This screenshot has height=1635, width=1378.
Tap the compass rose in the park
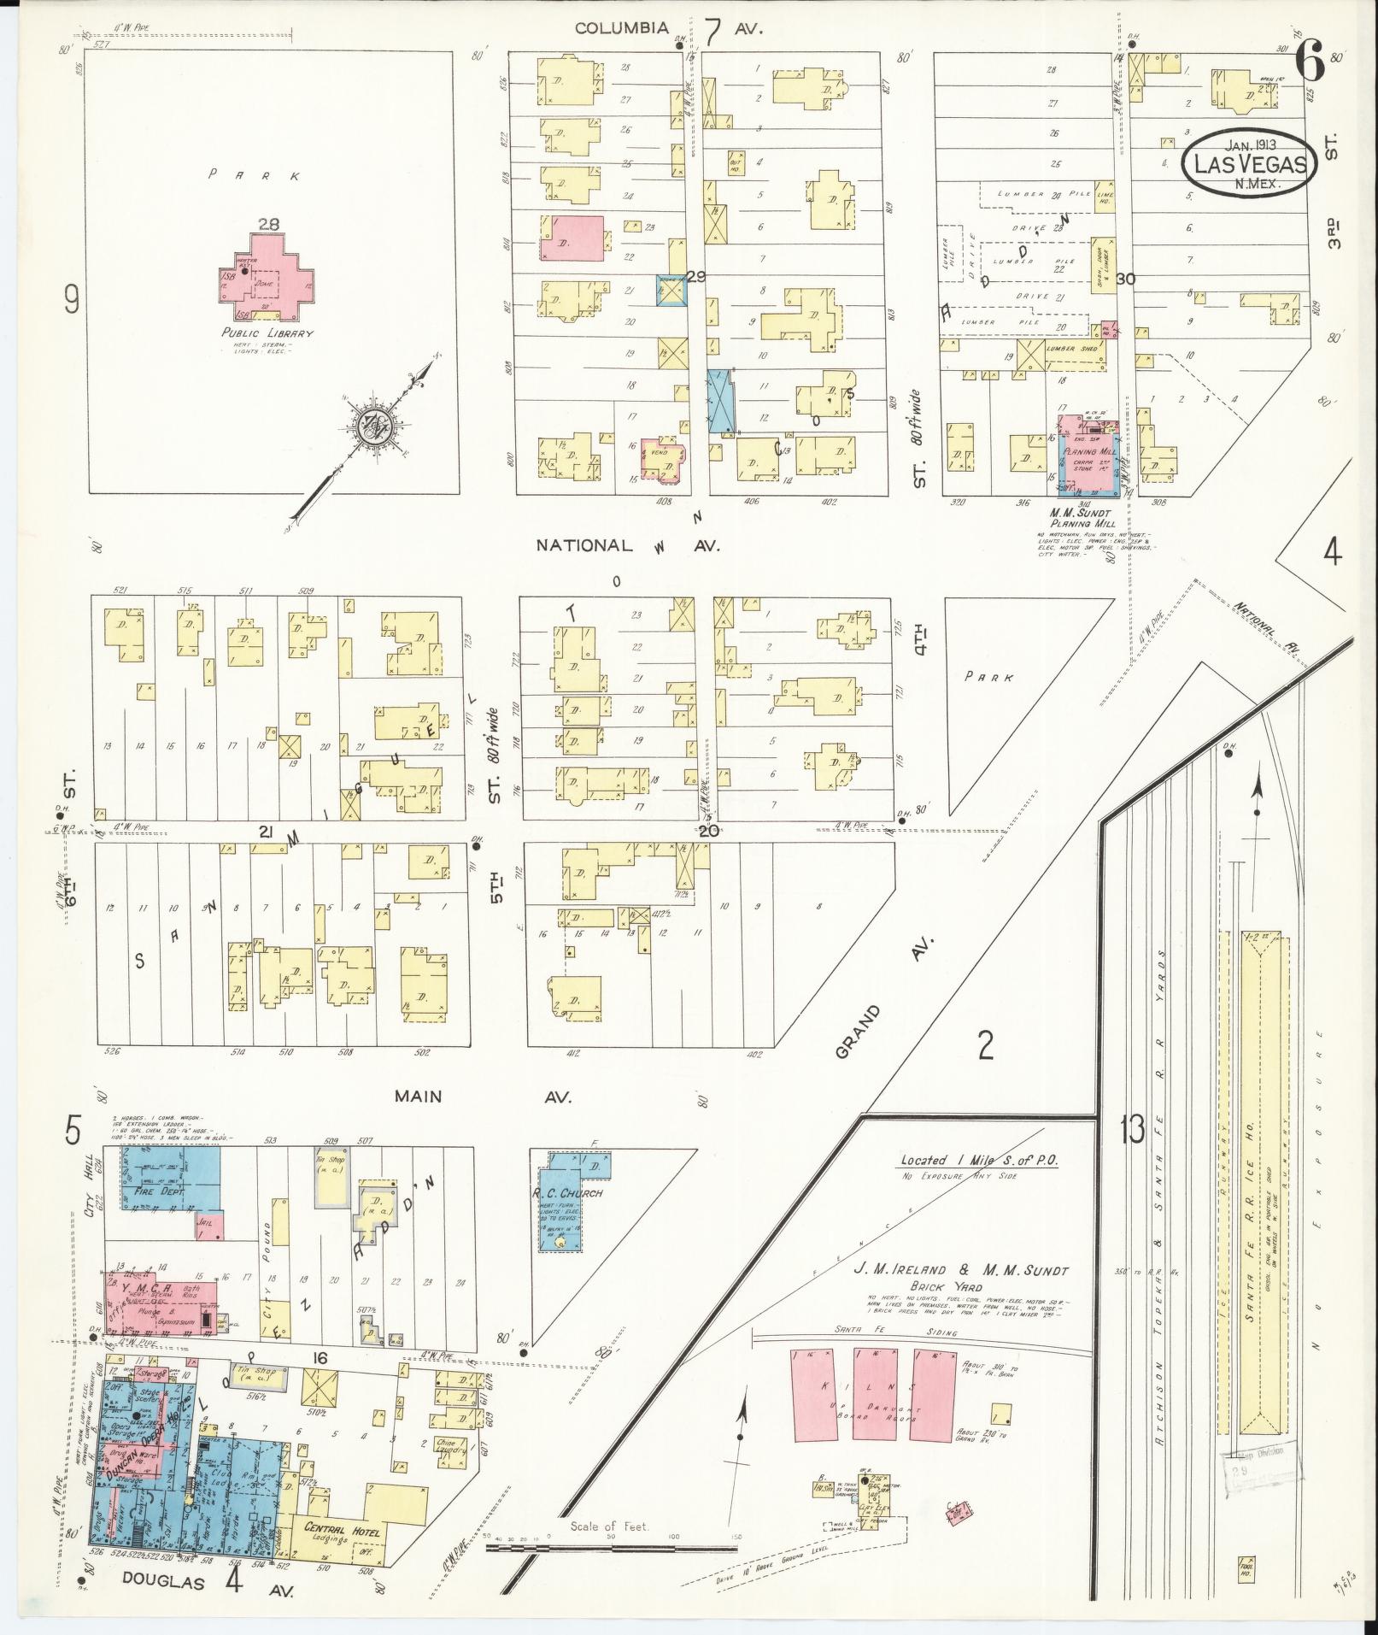pos(376,424)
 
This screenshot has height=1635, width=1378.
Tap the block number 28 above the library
pos(270,224)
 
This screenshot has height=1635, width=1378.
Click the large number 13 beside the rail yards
pos(1132,1131)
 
